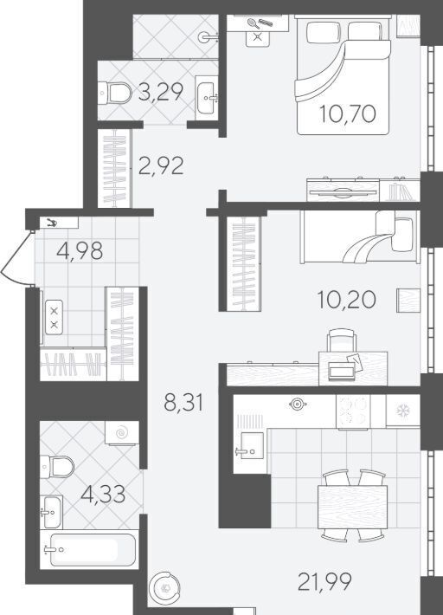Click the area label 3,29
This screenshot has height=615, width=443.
tap(161, 93)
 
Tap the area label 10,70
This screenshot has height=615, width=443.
tap(348, 113)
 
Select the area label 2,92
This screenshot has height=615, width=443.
tap(161, 166)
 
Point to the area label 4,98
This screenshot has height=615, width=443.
tap(80, 250)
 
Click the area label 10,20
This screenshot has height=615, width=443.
tap(347, 300)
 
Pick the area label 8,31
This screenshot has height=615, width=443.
tap(183, 403)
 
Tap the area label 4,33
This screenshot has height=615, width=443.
tap(103, 495)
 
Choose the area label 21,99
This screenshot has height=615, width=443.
tap(324, 582)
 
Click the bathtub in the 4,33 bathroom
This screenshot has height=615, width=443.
tap(89, 549)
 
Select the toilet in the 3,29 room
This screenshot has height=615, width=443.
tap(114, 94)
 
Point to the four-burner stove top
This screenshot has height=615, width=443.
tap(353, 411)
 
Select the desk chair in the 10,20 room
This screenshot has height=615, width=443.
tap(342, 340)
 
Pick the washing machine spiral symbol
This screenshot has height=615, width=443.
tap(122, 433)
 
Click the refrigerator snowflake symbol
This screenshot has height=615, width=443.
tap(401, 411)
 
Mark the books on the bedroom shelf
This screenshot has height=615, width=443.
tap(401, 191)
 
